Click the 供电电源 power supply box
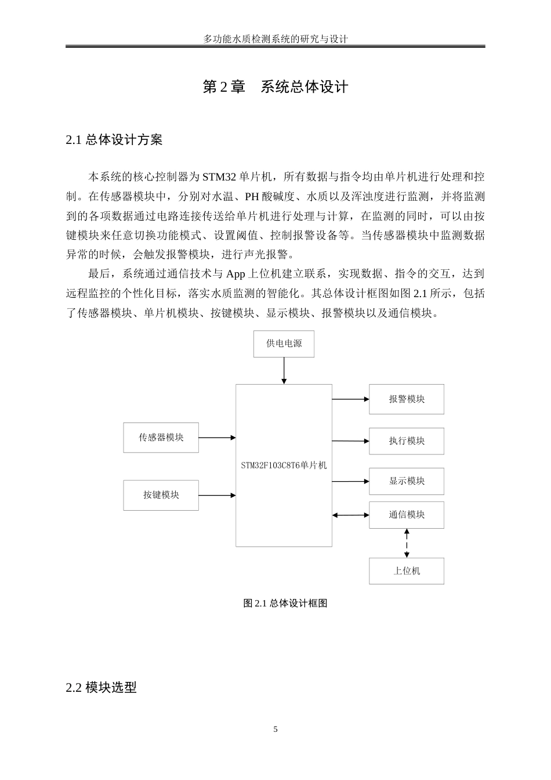(284, 344)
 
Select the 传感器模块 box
(161, 438)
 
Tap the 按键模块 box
(161, 495)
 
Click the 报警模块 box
(406, 399)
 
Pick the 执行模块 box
(406, 441)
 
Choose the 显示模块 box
(406, 481)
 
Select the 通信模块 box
(406, 515)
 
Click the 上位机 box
(406, 571)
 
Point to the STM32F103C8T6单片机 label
(284, 465)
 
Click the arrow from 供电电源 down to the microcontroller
(284, 370)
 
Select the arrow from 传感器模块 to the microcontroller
(217, 438)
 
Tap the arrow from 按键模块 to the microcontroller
(217, 496)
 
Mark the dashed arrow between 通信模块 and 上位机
(407, 543)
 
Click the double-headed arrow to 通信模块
(350, 515)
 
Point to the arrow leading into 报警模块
(350, 399)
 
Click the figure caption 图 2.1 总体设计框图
(285, 604)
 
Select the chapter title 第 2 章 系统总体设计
(275, 87)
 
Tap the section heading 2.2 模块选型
(101, 688)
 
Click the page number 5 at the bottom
(275, 730)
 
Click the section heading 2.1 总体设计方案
(114, 140)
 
